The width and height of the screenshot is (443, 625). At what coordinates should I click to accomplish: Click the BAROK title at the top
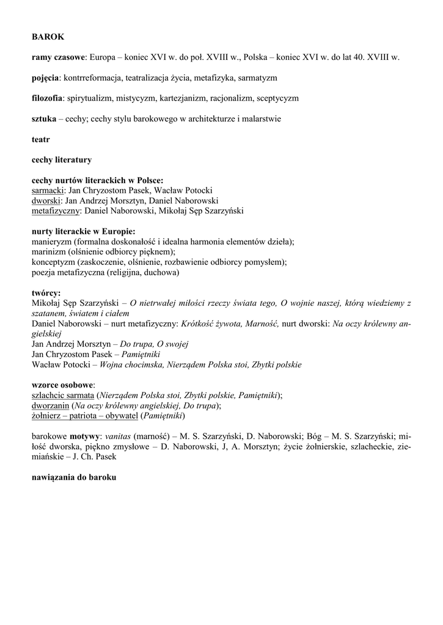point(48,37)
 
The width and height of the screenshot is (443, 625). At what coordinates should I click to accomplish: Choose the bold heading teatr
point(41,140)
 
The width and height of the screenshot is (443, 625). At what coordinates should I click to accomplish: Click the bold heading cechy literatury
point(62,160)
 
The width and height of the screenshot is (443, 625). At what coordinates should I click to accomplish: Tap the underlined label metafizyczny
point(56,211)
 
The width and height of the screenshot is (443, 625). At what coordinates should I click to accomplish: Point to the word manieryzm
point(52,242)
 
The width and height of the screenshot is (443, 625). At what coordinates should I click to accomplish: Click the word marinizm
point(49,252)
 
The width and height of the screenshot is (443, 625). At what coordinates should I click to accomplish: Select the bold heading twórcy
point(46,293)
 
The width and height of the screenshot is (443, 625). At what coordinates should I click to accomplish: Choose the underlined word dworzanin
point(50,406)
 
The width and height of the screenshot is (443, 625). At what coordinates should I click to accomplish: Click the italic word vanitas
point(119,437)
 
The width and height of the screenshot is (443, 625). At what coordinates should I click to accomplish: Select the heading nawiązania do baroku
point(74,478)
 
